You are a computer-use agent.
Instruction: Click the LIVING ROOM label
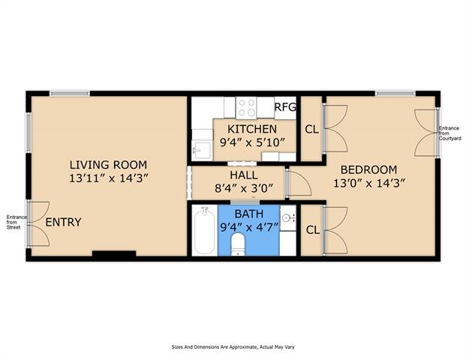(108, 164)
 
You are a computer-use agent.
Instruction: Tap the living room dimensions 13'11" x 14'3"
(109, 178)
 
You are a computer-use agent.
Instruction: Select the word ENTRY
(63, 222)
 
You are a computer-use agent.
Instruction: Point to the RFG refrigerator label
(285, 107)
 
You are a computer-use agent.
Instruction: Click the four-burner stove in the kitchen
(246, 107)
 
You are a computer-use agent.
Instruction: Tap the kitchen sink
(202, 150)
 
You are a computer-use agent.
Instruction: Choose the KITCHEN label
(252, 129)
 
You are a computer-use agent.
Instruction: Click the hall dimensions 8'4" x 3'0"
(244, 187)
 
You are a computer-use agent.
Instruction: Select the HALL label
(244, 175)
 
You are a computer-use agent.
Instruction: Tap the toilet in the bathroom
(237, 244)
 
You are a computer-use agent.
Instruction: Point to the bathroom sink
(287, 218)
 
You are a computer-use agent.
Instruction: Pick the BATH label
(249, 214)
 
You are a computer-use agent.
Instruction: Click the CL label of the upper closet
(311, 129)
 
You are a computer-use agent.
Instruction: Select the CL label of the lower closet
(313, 229)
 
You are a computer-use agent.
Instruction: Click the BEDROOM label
(368, 169)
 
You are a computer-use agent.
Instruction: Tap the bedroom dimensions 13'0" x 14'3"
(369, 183)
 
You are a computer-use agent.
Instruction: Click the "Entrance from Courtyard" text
(450, 133)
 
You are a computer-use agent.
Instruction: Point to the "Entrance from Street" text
(17, 222)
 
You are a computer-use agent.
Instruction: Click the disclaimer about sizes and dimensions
(233, 347)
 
